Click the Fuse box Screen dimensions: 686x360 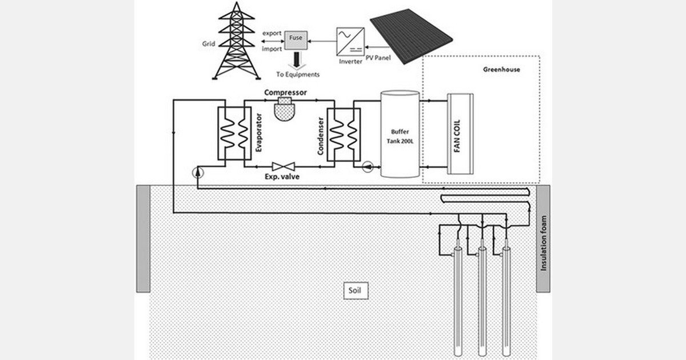tap(296, 40)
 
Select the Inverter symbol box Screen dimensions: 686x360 tap(350, 42)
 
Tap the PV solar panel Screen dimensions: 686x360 tap(411, 36)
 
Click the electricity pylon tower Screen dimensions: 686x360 tap(237, 41)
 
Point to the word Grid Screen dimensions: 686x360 tap(209, 44)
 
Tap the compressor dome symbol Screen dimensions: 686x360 tap(285, 109)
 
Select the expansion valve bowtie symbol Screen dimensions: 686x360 tap(284, 166)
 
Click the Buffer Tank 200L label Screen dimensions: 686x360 tap(400, 137)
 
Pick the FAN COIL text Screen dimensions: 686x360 tap(457, 135)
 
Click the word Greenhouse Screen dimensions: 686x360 tap(502, 70)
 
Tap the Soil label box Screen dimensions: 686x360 tap(356, 290)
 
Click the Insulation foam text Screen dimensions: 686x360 tap(543, 243)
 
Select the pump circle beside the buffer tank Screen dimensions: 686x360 tap(368, 166)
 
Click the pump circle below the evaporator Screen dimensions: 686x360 tap(198, 173)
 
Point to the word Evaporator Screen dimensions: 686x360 tap(259, 133)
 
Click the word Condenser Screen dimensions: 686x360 tap(320, 136)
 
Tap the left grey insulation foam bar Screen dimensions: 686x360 tap(143, 238)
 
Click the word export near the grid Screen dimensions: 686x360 tap(272, 33)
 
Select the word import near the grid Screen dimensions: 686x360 tap(272, 49)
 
